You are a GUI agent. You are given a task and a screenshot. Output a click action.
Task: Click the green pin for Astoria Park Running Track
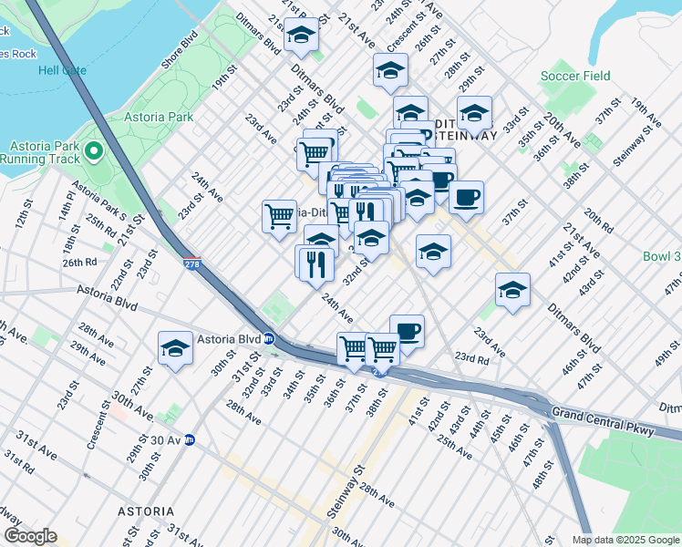point(93,150)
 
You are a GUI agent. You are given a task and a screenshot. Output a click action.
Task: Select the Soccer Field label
point(575,77)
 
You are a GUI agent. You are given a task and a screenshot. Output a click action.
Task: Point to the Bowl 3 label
point(661,256)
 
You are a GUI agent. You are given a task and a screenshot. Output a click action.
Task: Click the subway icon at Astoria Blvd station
point(269,338)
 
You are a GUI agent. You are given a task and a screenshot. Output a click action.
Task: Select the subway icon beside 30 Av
point(190,439)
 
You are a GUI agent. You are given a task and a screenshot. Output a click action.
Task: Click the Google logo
point(30,536)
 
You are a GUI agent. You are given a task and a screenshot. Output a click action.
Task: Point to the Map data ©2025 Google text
point(625,540)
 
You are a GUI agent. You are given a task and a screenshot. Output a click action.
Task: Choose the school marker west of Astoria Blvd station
point(175,348)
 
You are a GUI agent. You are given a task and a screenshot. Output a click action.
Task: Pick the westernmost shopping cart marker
point(279,216)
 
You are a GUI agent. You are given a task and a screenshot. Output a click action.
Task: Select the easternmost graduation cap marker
point(512,290)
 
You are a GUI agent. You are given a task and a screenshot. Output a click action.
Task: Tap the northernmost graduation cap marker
point(301,35)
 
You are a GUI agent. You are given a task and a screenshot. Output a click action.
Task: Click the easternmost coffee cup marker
point(466,197)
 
